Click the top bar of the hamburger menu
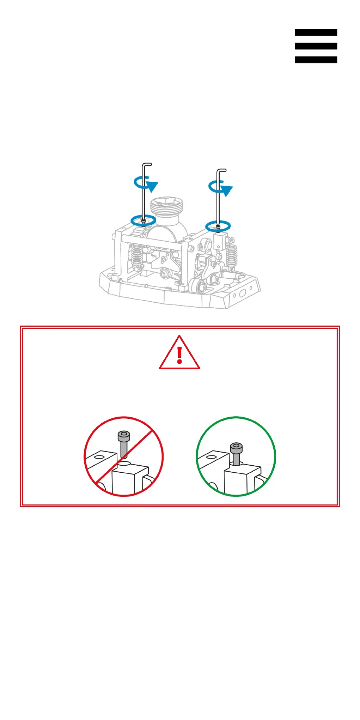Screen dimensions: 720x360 coord(316,32)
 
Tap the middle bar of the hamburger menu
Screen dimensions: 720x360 coord(316,46)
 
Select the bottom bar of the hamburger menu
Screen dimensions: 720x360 coord(316,60)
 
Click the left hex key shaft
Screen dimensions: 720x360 coord(143,198)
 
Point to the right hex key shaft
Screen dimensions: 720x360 coord(218,205)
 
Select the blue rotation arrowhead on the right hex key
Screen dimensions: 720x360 coord(227,190)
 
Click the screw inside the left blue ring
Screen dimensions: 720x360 coord(143,221)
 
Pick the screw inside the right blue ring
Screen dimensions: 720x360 coord(218,227)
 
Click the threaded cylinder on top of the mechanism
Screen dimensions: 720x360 coord(167,206)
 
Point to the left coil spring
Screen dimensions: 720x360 coord(137,256)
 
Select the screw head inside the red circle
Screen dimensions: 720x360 coord(124,436)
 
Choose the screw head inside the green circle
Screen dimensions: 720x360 coord(236,448)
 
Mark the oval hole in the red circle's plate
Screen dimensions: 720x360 coord(99,457)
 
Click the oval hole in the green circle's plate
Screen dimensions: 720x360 coord(211,457)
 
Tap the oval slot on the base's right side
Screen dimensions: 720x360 coord(243,293)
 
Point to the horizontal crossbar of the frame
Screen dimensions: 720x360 coord(152,240)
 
